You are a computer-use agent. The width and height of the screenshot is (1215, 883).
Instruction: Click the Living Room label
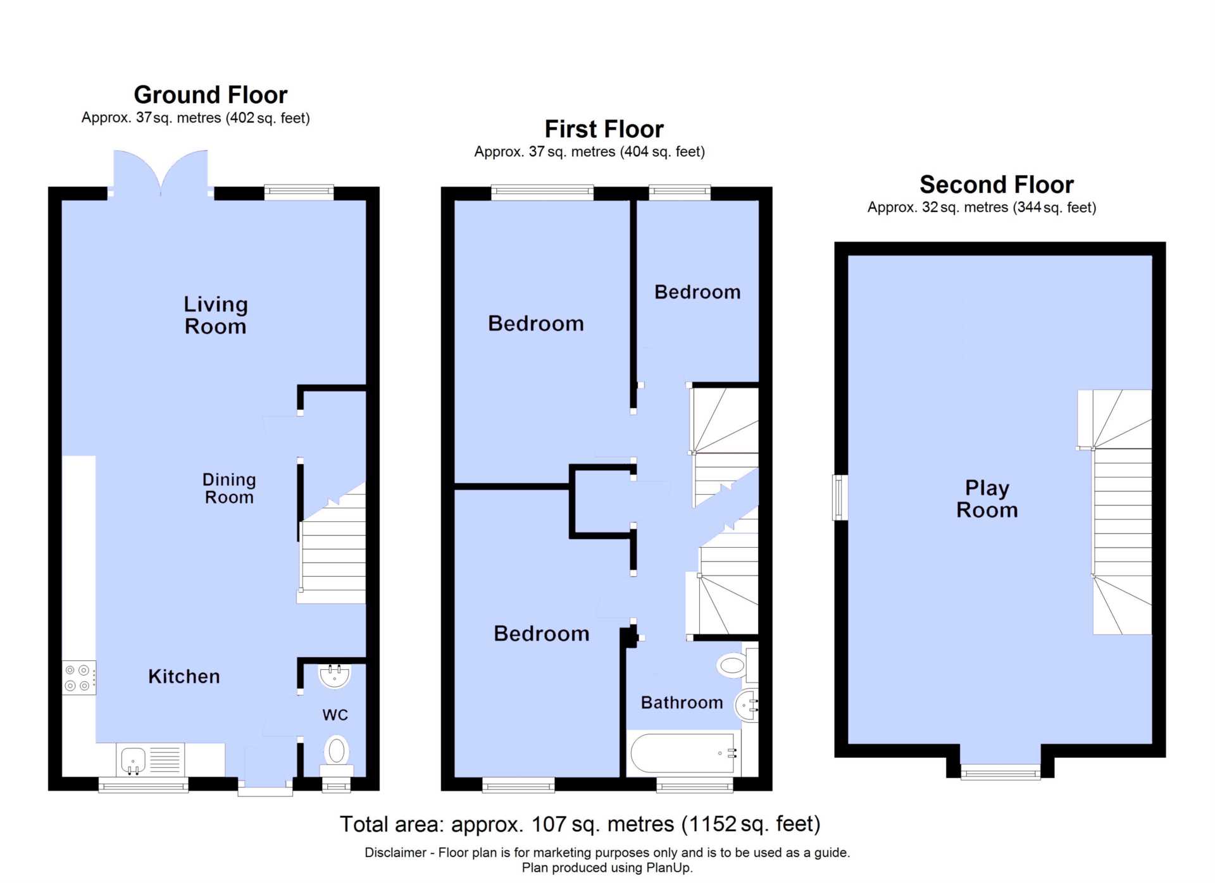tap(216, 315)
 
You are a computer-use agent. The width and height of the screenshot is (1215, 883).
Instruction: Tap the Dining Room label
tap(229, 488)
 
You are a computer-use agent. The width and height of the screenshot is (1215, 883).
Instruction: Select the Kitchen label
tap(184, 676)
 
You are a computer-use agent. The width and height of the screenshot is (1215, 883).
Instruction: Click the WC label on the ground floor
tap(335, 715)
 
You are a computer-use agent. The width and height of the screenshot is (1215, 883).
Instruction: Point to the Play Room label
tap(987, 499)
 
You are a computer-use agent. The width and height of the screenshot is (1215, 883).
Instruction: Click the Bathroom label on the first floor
tap(682, 703)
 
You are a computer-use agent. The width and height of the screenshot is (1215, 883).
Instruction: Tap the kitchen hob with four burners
tap(79, 677)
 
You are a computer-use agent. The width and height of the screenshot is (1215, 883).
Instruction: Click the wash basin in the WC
tap(335, 676)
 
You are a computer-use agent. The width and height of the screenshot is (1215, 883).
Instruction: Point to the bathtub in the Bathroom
tap(684, 753)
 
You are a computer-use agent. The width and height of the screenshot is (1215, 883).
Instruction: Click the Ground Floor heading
tap(211, 95)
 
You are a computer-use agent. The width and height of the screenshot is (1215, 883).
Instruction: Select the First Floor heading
tap(604, 129)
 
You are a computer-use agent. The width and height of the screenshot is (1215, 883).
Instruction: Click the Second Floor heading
tap(997, 185)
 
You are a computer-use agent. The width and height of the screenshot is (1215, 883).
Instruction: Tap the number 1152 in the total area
tap(713, 824)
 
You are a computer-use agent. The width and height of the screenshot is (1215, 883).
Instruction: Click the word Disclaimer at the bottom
tap(396, 853)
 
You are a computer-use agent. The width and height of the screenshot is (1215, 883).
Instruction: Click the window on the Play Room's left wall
tap(840, 498)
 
